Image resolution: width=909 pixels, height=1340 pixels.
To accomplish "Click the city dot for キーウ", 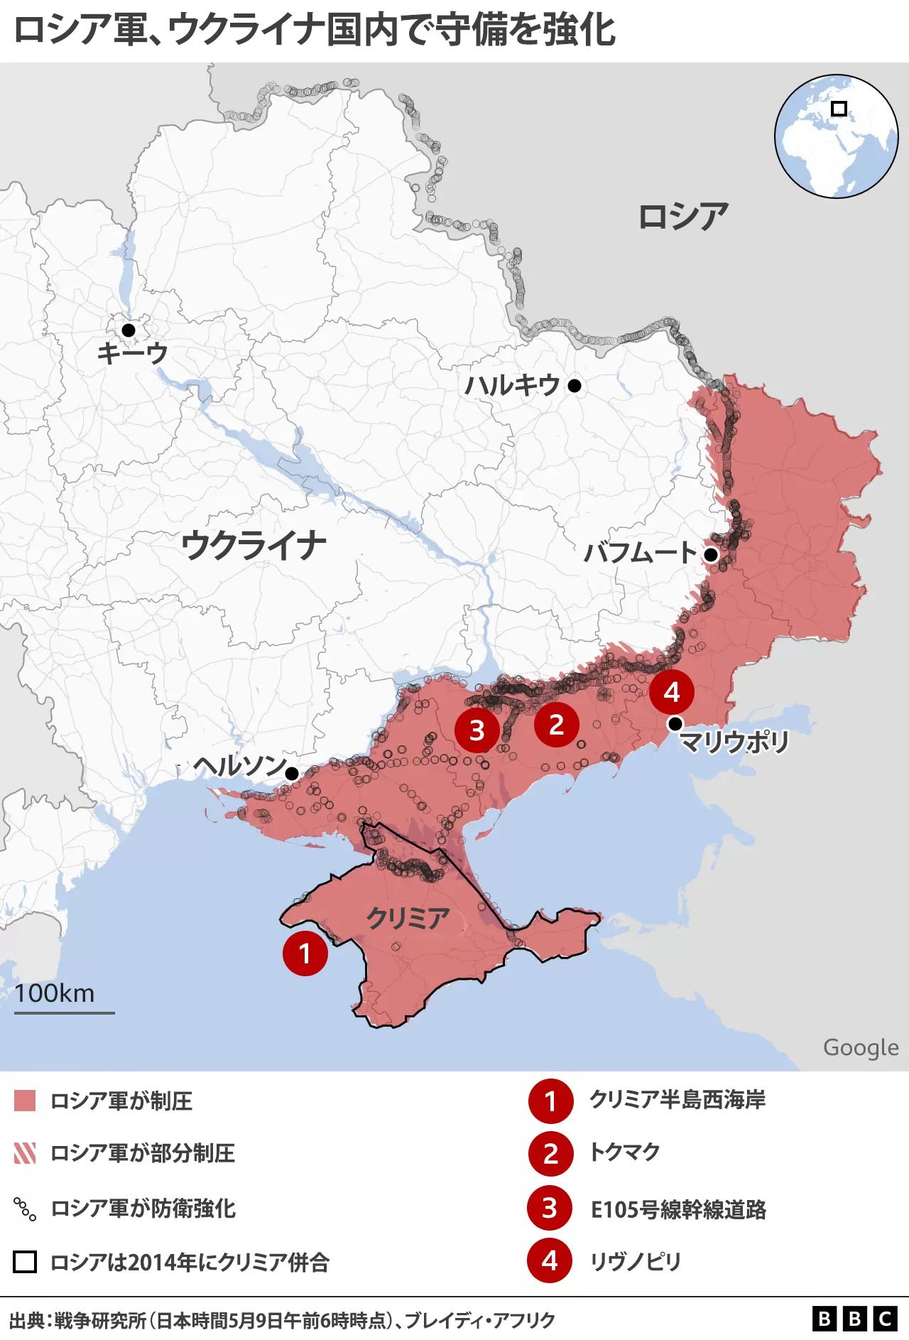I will pyautogui.click(x=129, y=330).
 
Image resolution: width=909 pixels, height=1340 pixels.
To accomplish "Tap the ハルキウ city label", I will pyautogui.click(x=513, y=385).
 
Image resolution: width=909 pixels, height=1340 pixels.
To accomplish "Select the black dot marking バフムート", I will pyautogui.click(x=710, y=554).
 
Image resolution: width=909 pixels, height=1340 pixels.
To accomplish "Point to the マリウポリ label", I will pyautogui.click(x=734, y=742).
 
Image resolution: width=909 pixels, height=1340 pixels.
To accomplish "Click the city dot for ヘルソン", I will pyautogui.click(x=291, y=773).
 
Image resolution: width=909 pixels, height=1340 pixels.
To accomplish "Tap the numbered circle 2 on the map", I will pyautogui.click(x=556, y=725).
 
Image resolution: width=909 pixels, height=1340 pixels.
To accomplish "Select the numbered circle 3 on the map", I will pyautogui.click(x=477, y=730).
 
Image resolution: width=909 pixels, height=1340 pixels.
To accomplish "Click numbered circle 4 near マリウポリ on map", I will pyautogui.click(x=672, y=692).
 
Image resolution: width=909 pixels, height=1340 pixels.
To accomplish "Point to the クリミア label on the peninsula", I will pyautogui.click(x=408, y=918).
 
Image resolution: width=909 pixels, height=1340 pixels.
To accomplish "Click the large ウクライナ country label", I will pyautogui.click(x=254, y=546).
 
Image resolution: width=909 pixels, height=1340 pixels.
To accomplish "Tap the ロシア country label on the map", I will pyautogui.click(x=683, y=216).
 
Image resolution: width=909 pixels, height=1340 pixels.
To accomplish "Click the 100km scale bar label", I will pyautogui.click(x=55, y=993).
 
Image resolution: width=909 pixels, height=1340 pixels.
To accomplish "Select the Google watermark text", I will pyautogui.click(x=861, y=1047).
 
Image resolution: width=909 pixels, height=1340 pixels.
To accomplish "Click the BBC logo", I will pyautogui.click(x=854, y=1319).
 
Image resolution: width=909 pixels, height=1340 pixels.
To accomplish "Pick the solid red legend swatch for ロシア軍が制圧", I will pyautogui.click(x=25, y=1101).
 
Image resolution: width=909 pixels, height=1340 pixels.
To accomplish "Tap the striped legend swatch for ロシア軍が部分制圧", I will pyautogui.click(x=25, y=1153).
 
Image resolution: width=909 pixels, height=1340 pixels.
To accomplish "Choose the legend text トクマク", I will pyautogui.click(x=625, y=1152).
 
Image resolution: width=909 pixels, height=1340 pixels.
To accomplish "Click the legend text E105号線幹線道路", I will pyautogui.click(x=678, y=1209).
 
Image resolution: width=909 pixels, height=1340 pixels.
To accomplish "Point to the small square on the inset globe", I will pyautogui.click(x=839, y=109).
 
